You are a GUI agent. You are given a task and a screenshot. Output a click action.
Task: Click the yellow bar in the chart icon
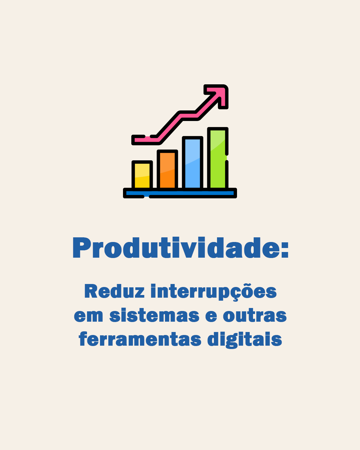pyautogui.click(x=142, y=175)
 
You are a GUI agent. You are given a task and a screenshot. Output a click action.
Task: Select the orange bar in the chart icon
pyautogui.click(x=167, y=170)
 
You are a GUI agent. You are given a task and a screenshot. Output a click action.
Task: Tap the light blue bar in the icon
pyautogui.click(x=192, y=163)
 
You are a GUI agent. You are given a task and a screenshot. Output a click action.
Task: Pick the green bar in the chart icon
pyautogui.click(x=218, y=158)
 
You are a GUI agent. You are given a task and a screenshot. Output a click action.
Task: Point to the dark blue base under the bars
pyautogui.click(x=180, y=193)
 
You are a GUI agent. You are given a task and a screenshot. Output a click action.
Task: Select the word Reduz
pyautogui.click(x=114, y=291)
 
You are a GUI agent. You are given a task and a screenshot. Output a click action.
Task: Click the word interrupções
pyautogui.click(x=214, y=292)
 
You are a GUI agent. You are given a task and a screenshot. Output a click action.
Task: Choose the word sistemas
pyautogui.click(x=154, y=315)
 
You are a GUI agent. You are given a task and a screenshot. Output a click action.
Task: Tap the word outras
pyautogui.click(x=255, y=315)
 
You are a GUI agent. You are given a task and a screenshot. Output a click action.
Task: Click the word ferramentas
pyautogui.click(x=140, y=339)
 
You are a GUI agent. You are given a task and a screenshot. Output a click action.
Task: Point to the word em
pyautogui.click(x=88, y=316)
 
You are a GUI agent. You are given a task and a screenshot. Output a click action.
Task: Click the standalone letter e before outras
pyautogui.click(x=211, y=316)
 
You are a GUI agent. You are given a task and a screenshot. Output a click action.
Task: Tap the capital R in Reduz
pyautogui.click(x=91, y=291)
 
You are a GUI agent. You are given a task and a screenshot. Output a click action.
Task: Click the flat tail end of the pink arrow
pyautogui.click(x=133, y=140)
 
